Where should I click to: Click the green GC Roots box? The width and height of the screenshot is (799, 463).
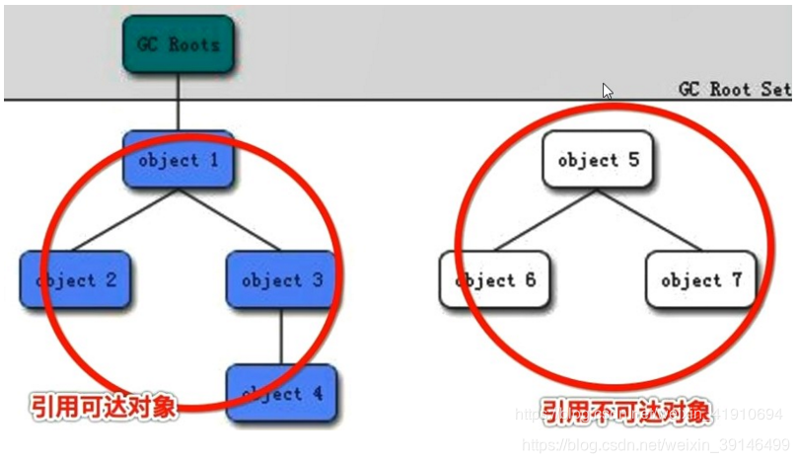click(x=179, y=44)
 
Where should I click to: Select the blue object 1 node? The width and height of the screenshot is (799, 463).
click(x=179, y=160)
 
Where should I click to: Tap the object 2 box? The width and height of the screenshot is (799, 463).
click(x=76, y=280)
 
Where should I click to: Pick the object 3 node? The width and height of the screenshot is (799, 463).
click(x=282, y=280)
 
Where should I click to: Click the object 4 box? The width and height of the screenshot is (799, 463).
click(x=282, y=394)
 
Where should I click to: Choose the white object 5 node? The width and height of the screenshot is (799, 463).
click(x=597, y=160)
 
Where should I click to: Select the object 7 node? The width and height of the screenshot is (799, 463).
click(x=701, y=280)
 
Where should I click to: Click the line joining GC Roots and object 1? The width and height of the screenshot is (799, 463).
click(x=179, y=102)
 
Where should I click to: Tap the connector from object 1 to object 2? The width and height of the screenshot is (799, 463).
click(x=124, y=221)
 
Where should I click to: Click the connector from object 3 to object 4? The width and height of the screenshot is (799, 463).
click(x=282, y=337)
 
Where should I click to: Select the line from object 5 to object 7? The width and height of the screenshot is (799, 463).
click(x=651, y=221)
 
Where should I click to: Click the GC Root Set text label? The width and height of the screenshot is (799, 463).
click(x=735, y=89)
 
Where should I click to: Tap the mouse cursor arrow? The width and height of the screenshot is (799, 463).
click(x=608, y=91)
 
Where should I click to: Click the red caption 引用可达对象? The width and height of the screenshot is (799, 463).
click(x=103, y=407)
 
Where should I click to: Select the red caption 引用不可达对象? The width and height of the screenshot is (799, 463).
click(x=625, y=412)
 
